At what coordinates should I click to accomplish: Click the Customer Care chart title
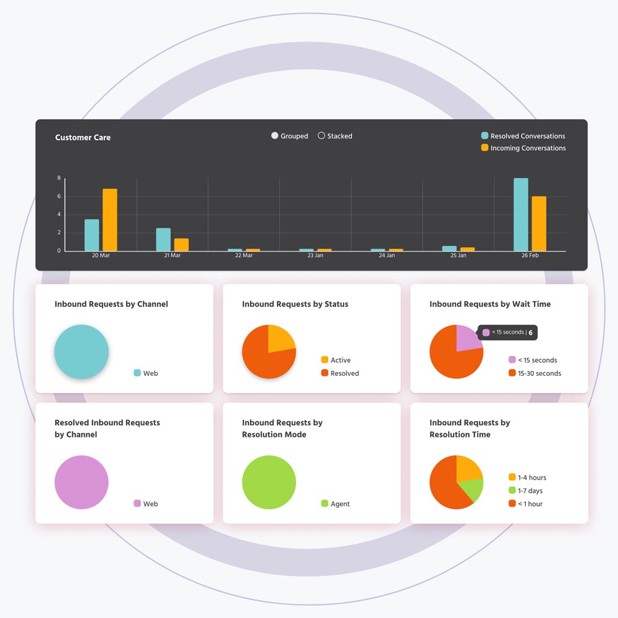point(83,137)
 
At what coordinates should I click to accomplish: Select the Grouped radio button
point(275,136)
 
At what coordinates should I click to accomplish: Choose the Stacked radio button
point(321,136)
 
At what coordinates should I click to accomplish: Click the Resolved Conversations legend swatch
point(485,136)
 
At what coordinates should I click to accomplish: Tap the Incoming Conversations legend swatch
point(485,148)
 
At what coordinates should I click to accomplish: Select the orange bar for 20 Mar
point(109,220)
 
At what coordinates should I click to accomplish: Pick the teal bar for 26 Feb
point(521,214)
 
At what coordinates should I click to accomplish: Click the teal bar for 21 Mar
point(163,239)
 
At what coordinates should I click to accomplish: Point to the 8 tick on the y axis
point(59,178)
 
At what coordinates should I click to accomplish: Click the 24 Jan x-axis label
point(387,255)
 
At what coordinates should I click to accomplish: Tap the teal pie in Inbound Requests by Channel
point(82,352)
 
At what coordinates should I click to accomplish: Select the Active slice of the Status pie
point(281,339)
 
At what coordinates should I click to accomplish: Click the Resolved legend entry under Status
point(340,373)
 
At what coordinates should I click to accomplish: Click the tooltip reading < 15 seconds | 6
point(507,332)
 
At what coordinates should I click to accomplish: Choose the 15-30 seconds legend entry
point(535,373)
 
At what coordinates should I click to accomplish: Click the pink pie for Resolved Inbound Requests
point(82,482)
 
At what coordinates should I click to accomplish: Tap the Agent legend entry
point(336,504)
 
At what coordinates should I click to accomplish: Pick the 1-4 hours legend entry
point(527,477)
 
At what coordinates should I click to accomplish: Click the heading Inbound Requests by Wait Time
point(490,304)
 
